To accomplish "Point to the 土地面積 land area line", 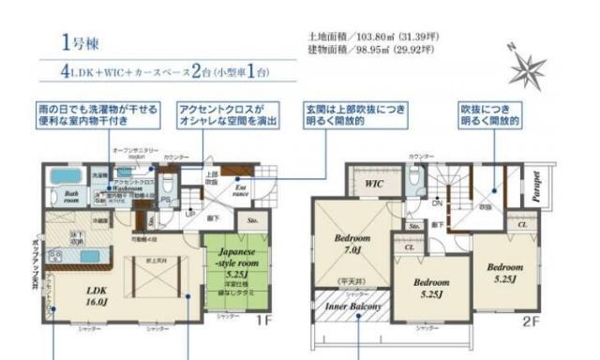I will tap(372, 37).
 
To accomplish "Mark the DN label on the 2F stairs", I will tap(437, 202).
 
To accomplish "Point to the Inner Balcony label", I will tap(351, 306).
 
